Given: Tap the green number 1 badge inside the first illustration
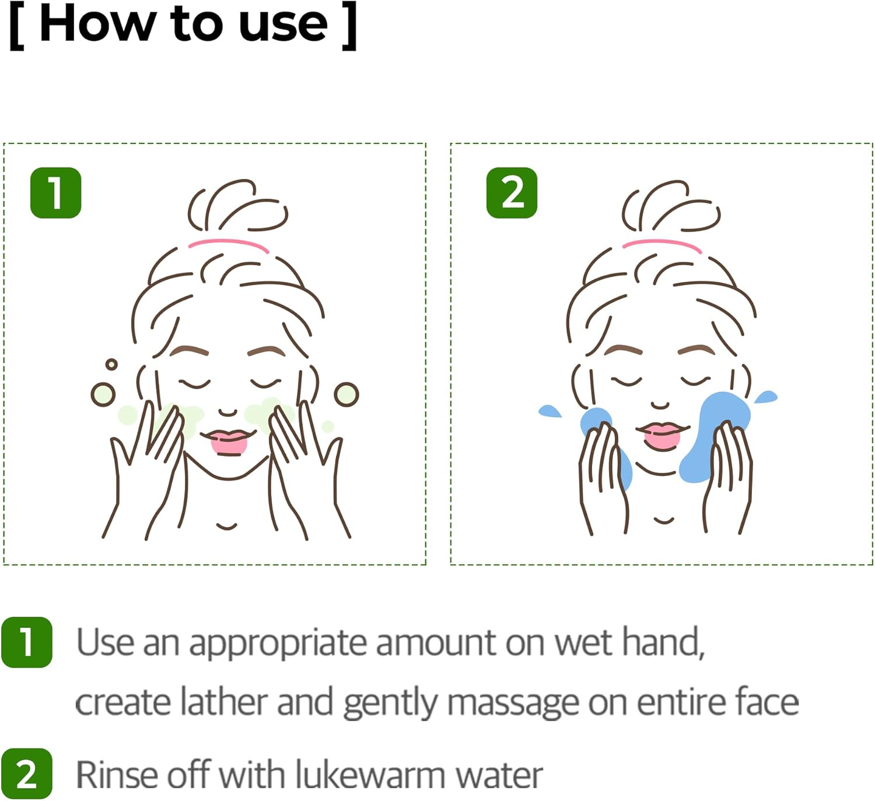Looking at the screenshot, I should [x=55, y=193].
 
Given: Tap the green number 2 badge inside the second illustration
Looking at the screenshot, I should [x=512, y=193].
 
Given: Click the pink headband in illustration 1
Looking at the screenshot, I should [x=229, y=244].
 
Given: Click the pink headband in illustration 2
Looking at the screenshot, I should [x=662, y=244].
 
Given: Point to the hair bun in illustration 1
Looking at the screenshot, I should [x=236, y=207].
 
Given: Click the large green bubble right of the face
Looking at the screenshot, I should [x=346, y=395].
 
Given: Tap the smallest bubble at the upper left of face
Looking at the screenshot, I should [x=111, y=364].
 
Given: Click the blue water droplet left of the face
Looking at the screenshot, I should [x=549, y=411].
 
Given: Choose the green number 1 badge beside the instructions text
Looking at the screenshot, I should [x=27, y=642].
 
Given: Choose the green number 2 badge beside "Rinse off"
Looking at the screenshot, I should [x=27, y=774].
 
